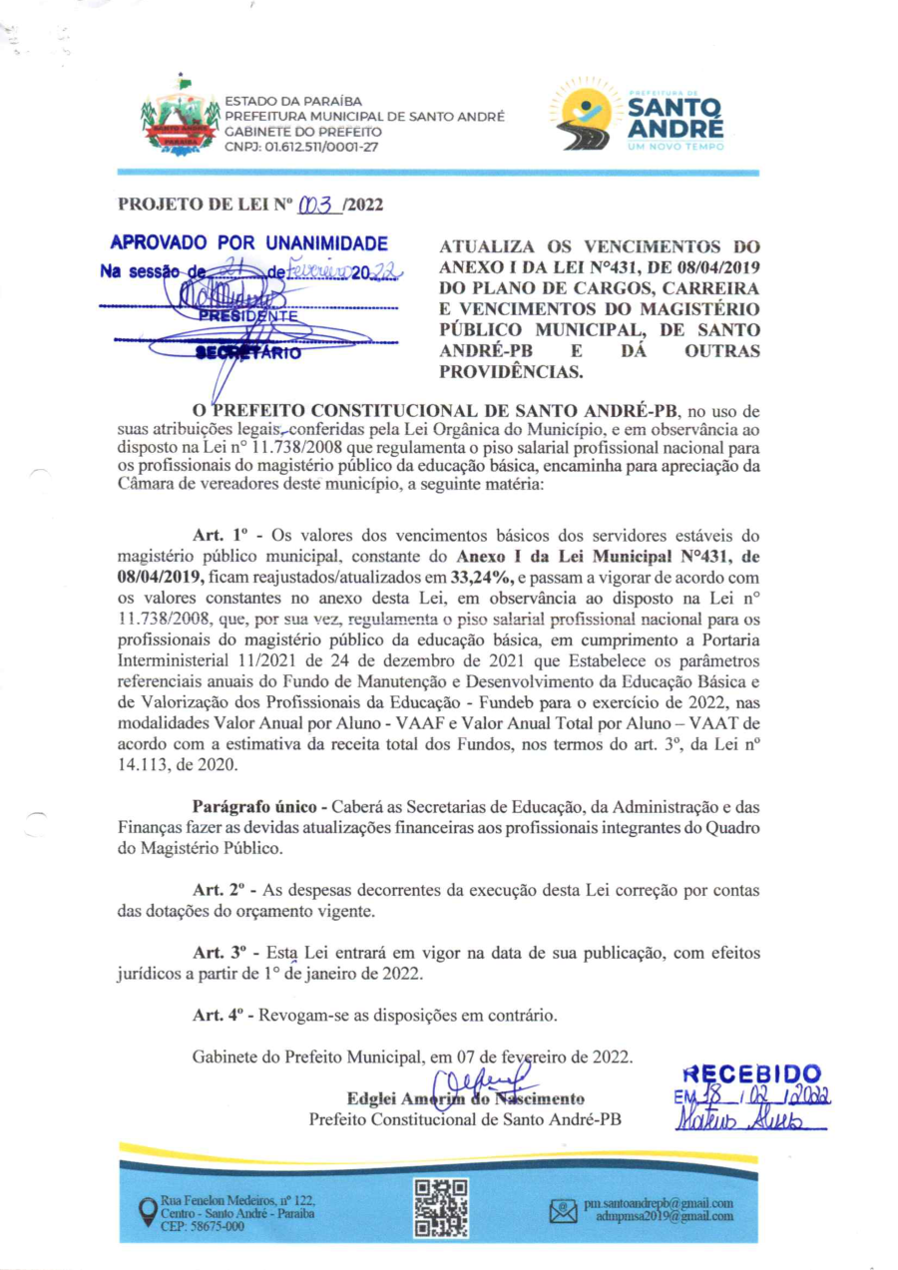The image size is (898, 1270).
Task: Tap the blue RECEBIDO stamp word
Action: click(x=752, y=1074)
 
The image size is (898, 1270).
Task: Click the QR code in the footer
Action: click(x=441, y=1207)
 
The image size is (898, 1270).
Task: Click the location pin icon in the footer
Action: click(x=147, y=1210)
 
